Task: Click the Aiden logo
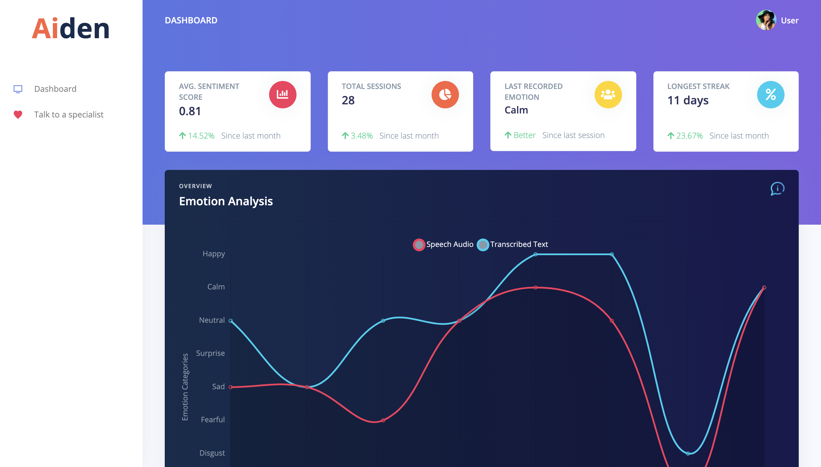pyautogui.click(x=71, y=29)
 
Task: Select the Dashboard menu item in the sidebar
pyautogui.click(x=55, y=89)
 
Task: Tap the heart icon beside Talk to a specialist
pyautogui.click(x=18, y=115)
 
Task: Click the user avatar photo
pyautogui.click(x=765, y=20)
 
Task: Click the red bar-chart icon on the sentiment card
pyautogui.click(x=283, y=95)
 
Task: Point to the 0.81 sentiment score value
pyautogui.click(x=190, y=111)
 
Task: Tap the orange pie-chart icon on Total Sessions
pyautogui.click(x=445, y=95)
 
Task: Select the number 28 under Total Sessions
pyautogui.click(x=348, y=100)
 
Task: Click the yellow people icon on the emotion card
pyautogui.click(x=608, y=95)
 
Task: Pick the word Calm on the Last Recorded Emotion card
pyautogui.click(x=516, y=110)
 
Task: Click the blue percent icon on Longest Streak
pyautogui.click(x=770, y=95)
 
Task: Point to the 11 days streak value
pyautogui.click(x=688, y=100)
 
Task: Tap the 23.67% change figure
pyautogui.click(x=689, y=136)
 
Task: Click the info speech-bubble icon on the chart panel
pyautogui.click(x=777, y=189)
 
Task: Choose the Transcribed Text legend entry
pyautogui.click(x=513, y=244)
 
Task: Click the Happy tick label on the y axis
pyautogui.click(x=214, y=254)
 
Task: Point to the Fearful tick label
pyautogui.click(x=213, y=420)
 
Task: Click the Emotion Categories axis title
pyautogui.click(x=185, y=387)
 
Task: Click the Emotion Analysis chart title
pyautogui.click(x=226, y=201)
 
